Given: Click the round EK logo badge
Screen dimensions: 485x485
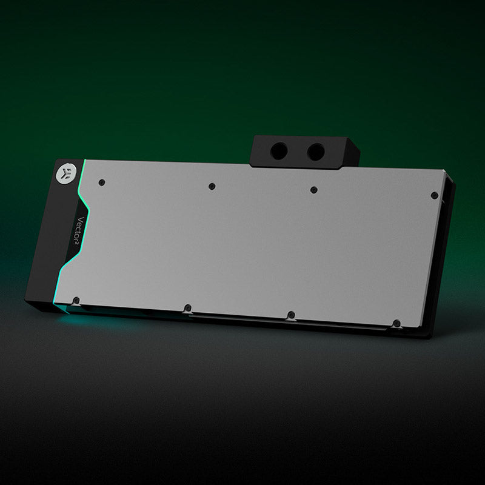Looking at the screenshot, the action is (66, 173).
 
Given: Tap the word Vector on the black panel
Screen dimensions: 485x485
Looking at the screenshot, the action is (81, 229).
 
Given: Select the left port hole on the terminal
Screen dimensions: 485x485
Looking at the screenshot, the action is (279, 151).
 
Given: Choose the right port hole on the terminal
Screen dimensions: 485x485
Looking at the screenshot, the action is (316, 152).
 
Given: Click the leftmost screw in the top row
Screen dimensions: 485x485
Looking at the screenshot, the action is (102, 182).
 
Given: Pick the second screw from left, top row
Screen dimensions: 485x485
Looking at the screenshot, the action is (212, 186).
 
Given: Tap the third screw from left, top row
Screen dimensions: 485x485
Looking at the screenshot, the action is (313, 190).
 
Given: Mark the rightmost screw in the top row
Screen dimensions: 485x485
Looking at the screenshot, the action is (434, 195).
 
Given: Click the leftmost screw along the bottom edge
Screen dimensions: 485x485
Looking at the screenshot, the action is (76, 300).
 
